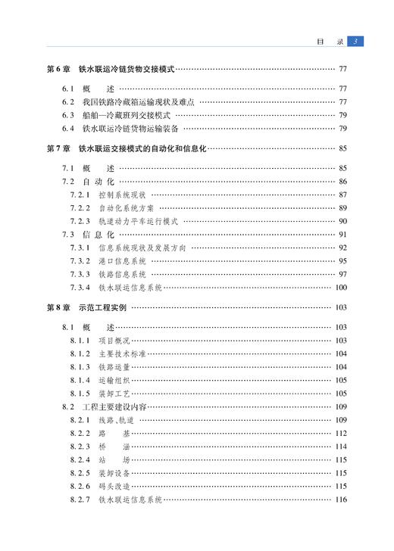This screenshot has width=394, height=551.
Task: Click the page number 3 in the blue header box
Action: [x=358, y=41]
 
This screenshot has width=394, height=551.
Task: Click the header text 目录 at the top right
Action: [x=332, y=41]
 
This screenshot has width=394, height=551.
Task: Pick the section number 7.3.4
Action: [x=80, y=288]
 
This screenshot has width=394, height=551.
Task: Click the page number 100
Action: [x=340, y=288]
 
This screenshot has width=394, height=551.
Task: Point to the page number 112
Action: [x=340, y=433]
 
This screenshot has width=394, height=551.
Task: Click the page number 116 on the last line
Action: [x=340, y=500]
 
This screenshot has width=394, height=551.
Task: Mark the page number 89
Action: [x=342, y=208]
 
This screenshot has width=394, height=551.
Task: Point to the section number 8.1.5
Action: [x=80, y=394]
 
